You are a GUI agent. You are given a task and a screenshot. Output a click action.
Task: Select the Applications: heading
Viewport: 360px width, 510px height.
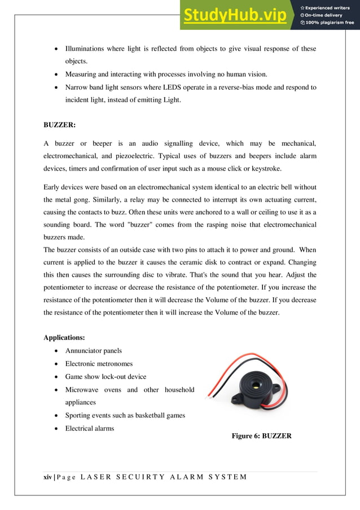[x=64, y=338]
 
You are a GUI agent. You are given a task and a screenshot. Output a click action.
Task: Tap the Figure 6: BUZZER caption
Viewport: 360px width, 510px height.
[x=262, y=435]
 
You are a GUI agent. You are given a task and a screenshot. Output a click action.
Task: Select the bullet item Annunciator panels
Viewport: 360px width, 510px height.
[x=93, y=351]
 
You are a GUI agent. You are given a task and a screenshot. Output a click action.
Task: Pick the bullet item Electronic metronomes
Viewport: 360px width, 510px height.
[x=99, y=364]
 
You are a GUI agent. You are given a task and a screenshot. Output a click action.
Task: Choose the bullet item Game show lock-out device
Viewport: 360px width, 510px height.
[x=106, y=377]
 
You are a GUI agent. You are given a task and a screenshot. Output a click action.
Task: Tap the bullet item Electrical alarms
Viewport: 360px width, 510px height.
[x=90, y=428]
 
